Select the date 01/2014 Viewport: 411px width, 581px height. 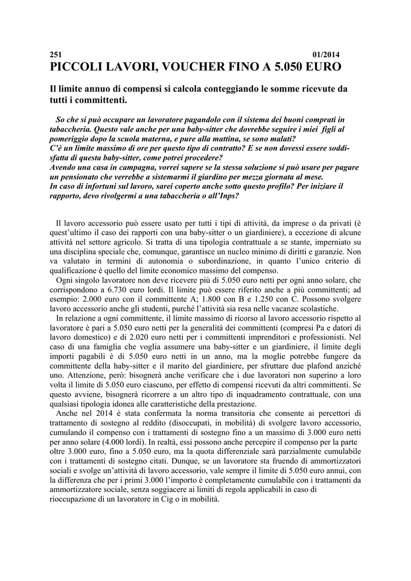click(x=326, y=54)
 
